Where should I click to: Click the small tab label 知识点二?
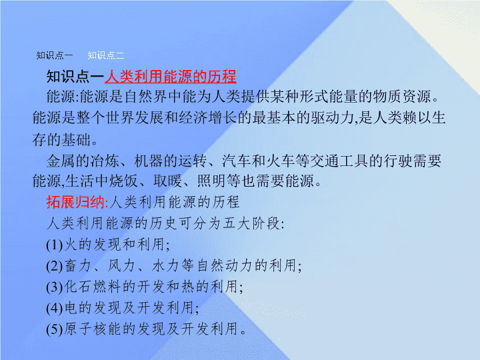pyautogui.click(x=106, y=55)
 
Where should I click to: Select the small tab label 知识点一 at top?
pyautogui.click(x=55, y=55)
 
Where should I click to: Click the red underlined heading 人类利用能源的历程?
pyautogui.click(x=171, y=77)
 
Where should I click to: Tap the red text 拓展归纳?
pyautogui.click(x=75, y=202)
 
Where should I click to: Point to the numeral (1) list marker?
pyautogui.click(x=55, y=245)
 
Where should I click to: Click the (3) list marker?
pyautogui.click(x=55, y=287)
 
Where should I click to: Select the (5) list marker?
pyautogui.click(x=55, y=330)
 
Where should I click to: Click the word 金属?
pyautogui.click(x=61, y=161)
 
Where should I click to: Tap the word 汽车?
pyautogui.click(x=237, y=161)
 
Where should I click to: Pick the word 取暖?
pyautogui.click(x=168, y=181)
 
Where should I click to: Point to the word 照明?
pyautogui.click(x=212, y=181)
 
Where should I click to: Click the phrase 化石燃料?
pyautogui.click(x=93, y=287)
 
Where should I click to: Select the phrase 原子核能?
pyautogui.click(x=93, y=329)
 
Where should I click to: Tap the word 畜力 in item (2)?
pyautogui.click(x=78, y=265)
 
